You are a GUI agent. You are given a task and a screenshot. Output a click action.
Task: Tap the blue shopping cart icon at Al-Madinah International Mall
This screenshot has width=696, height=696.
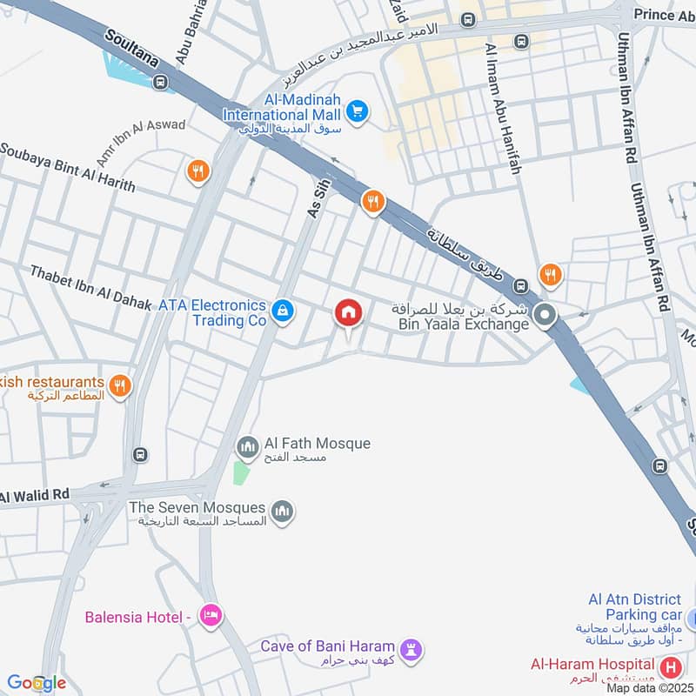point(357,110)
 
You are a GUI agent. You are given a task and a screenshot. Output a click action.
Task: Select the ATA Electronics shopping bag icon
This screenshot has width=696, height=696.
point(282,310)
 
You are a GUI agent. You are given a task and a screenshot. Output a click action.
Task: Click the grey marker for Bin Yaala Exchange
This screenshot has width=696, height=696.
point(545,314)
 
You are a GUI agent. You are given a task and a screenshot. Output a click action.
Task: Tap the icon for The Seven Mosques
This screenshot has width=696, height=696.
point(282,512)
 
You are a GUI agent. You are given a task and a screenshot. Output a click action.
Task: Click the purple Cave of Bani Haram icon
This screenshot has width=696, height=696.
point(411,649)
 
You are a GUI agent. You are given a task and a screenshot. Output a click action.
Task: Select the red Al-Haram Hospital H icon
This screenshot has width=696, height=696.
point(671,668)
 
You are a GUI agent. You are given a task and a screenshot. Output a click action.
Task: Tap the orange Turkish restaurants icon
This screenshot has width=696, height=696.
point(120,384)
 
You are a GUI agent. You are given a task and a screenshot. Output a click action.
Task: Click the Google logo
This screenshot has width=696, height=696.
point(37,683)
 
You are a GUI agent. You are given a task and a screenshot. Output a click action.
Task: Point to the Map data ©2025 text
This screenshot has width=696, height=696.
point(650,687)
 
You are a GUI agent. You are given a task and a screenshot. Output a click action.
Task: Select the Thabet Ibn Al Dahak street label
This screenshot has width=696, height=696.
point(91,287)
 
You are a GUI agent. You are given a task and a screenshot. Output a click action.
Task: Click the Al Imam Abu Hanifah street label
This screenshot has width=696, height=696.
point(504,109)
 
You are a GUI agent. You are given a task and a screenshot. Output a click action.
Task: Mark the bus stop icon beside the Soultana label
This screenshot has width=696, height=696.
point(159,82)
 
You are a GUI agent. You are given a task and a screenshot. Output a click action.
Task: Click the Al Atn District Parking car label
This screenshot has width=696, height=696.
point(634,607)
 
